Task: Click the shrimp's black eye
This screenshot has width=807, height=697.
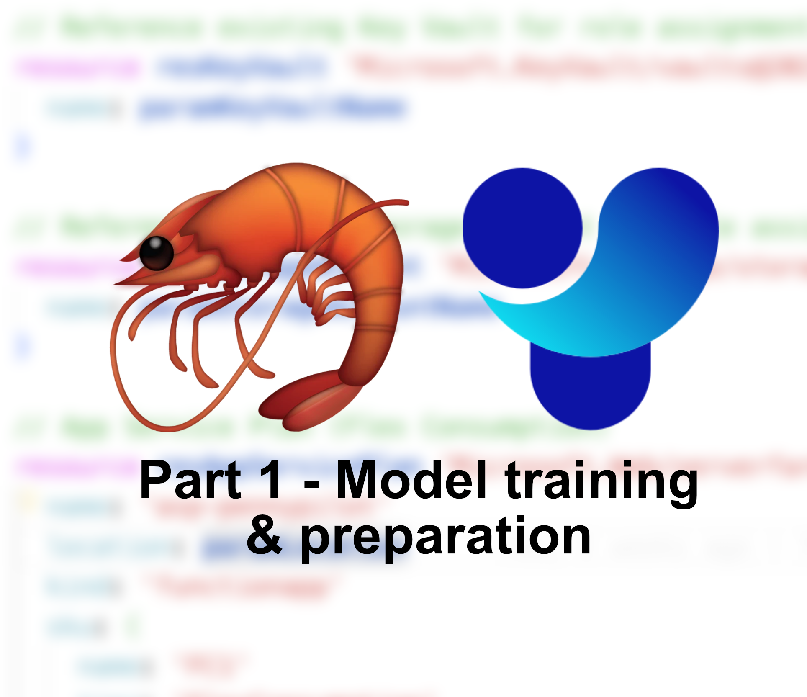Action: tap(156, 253)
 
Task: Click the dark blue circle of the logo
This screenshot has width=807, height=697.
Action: tap(522, 228)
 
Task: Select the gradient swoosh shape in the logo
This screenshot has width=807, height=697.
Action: tap(628, 285)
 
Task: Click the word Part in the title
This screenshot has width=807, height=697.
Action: tap(190, 480)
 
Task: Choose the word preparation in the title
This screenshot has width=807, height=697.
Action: tap(446, 538)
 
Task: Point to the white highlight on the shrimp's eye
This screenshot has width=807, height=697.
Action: tap(156, 243)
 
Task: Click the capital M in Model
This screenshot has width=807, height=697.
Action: tap(358, 480)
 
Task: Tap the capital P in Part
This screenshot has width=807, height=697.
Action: tap(155, 480)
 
